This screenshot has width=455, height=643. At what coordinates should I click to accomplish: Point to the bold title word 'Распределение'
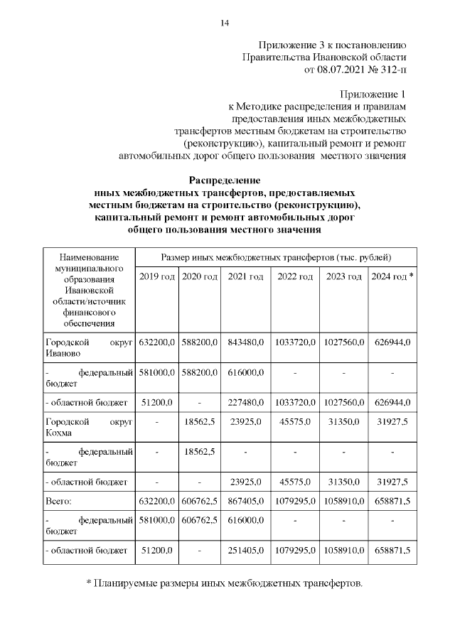coord(225,180)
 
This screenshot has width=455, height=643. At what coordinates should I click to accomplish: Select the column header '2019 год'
coord(156,276)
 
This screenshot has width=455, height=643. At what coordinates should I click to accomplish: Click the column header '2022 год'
coord(295,276)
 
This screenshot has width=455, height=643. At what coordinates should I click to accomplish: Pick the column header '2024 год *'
coord(392,276)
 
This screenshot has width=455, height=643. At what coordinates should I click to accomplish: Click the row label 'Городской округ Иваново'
coord(88,347)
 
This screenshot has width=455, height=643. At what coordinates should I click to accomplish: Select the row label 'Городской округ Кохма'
coord(88,425)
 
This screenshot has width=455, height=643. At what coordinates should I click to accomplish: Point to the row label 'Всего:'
coord(59,501)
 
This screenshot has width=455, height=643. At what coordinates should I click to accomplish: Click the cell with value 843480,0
coord(246,342)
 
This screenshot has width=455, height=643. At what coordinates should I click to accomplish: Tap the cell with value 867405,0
coord(246,501)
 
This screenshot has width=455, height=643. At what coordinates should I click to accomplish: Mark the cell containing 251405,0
coord(246,550)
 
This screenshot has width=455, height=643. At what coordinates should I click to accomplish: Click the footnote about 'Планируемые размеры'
coord(225,583)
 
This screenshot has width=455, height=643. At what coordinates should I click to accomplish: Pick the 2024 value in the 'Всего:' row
coord(392,501)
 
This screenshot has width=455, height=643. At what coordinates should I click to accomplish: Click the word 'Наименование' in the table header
coord(88,256)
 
